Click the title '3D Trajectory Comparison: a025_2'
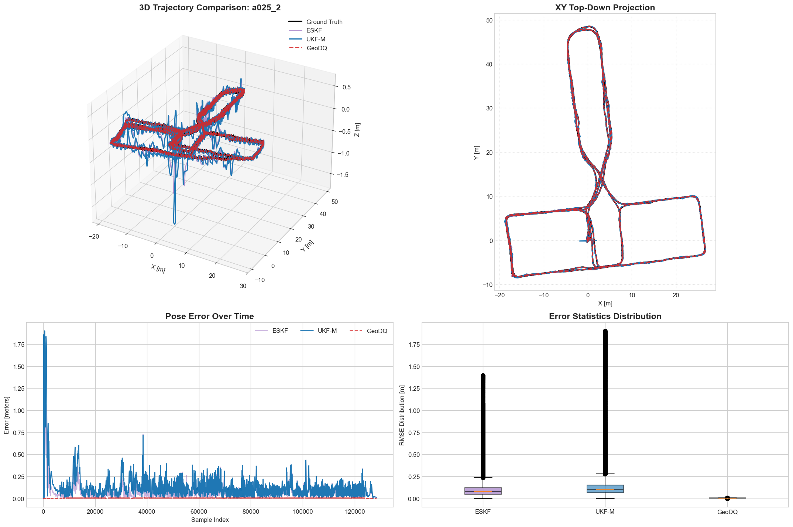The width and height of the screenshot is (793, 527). click(210, 8)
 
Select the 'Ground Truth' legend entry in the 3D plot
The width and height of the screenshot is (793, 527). click(315, 22)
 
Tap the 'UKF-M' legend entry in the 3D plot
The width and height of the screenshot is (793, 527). click(307, 39)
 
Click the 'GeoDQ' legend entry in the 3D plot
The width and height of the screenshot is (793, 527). click(308, 48)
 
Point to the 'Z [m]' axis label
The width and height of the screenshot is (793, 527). click(357, 130)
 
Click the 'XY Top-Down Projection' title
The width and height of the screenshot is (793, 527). click(605, 8)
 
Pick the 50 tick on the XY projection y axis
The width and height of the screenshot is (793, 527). click(489, 20)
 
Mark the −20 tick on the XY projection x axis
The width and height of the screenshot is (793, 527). click(499, 295)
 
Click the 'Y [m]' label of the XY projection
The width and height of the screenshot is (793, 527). click(477, 153)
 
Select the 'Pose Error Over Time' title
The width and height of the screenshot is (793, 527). click(210, 316)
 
